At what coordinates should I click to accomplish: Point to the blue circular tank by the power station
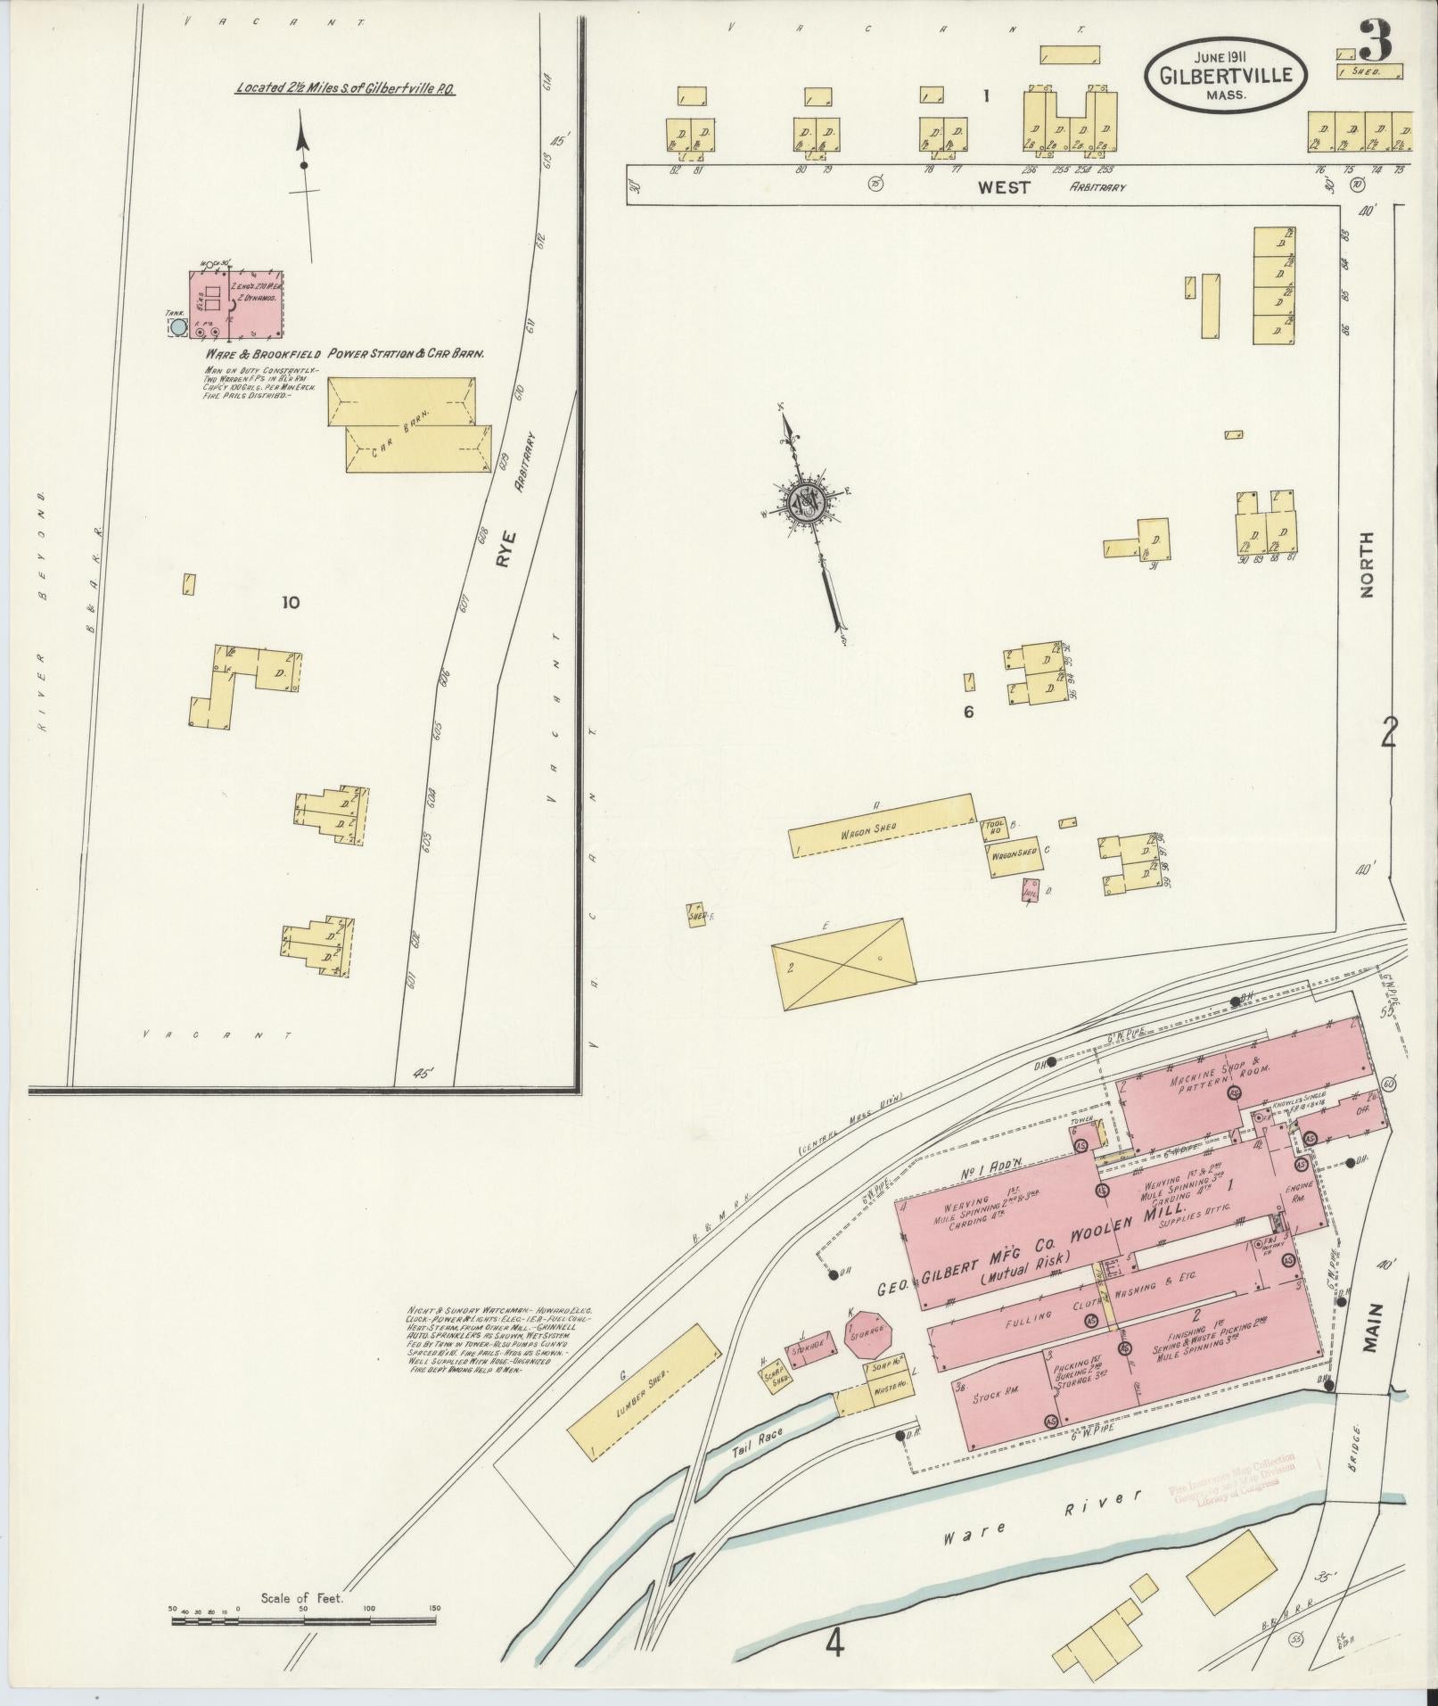(178, 327)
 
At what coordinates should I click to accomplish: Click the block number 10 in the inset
(290, 603)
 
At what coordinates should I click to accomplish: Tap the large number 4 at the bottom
(834, 1643)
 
